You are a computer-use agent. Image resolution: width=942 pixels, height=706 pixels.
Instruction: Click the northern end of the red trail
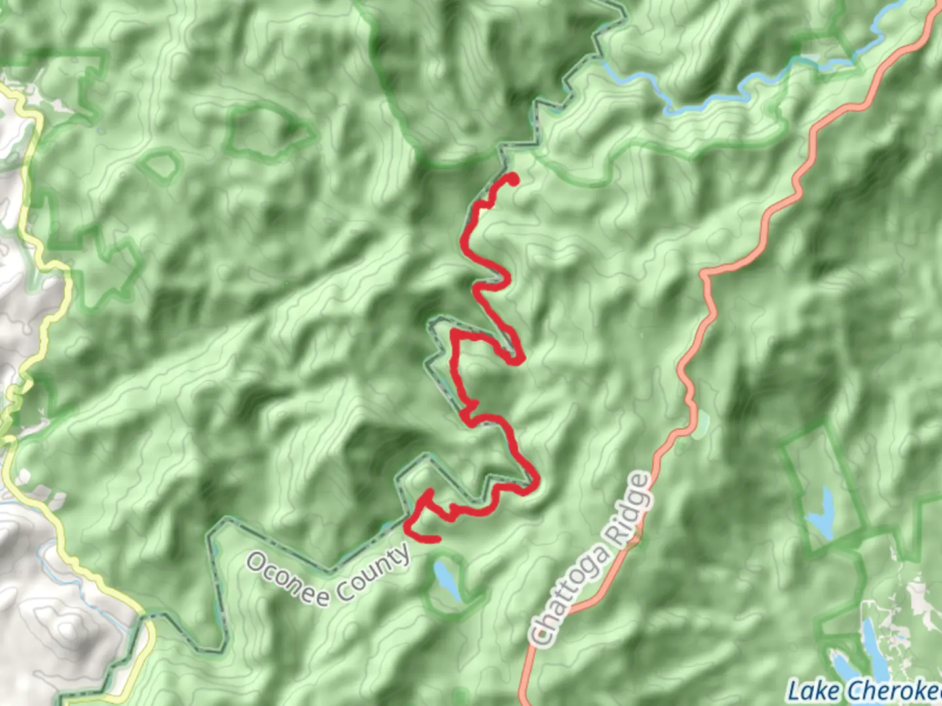click(513, 178)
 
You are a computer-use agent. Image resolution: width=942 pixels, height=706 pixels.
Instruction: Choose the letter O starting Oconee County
click(256, 562)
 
